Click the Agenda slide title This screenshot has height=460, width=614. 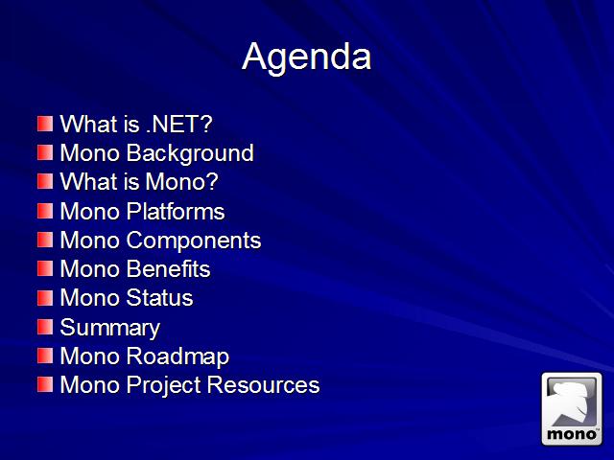click(307, 57)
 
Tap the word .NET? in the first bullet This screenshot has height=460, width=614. click(179, 124)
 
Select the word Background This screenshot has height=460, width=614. click(190, 153)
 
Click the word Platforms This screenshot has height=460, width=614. click(176, 211)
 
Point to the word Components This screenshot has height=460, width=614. click(194, 241)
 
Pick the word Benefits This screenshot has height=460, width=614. click(168, 269)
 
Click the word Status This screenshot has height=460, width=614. click(160, 298)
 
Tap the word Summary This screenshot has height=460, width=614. click(110, 328)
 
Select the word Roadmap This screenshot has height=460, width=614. click(177, 357)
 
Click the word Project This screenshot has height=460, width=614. click(164, 385)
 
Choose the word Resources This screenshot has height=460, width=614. click(263, 385)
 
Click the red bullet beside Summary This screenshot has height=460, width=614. click(45, 327)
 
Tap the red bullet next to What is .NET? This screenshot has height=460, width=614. click(45, 124)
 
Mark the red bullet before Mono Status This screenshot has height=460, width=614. click(45, 298)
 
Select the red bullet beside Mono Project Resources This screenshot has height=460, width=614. click(45, 385)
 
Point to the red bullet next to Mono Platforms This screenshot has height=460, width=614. click(45, 211)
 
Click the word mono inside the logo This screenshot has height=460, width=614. click(572, 434)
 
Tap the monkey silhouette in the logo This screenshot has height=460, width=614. click(572, 403)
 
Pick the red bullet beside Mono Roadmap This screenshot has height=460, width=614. click(45, 356)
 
